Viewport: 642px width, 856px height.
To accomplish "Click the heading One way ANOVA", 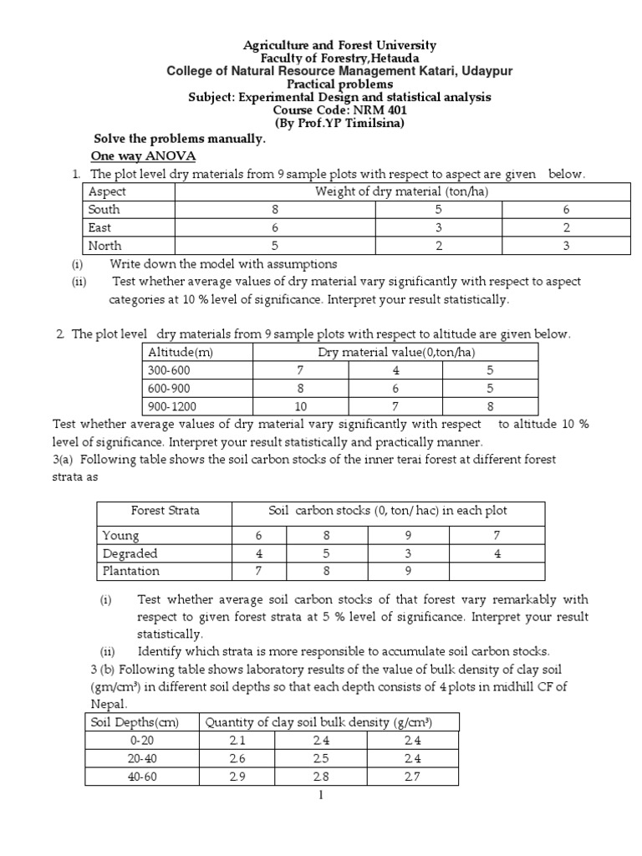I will coord(142,156).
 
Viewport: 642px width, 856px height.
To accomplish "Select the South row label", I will coord(104,210).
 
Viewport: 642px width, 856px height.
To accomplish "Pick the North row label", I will coord(104,246).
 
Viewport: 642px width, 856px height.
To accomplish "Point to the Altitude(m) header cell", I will coord(181,353).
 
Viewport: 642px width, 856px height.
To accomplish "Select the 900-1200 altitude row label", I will coord(173,406).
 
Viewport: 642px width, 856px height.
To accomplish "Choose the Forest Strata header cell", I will coord(165,511).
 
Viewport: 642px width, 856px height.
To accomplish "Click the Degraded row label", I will coord(130,553).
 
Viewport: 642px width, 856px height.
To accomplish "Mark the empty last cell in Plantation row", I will coord(496,572).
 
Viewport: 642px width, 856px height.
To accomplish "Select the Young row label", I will coord(120,535).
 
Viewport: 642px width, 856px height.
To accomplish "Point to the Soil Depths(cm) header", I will coord(139,721).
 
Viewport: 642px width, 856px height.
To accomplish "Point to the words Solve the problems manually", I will coord(179,139).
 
